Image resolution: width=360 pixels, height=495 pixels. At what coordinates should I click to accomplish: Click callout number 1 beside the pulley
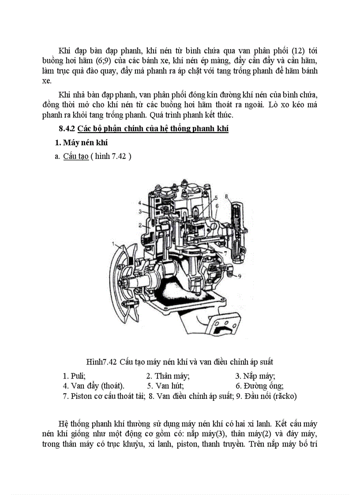coord(113,243)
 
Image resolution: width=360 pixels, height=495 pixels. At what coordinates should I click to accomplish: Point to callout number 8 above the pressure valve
coord(226,195)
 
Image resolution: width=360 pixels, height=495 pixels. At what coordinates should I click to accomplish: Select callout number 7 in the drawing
coord(225,254)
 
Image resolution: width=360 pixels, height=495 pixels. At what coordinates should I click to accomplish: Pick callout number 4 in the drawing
coord(139,203)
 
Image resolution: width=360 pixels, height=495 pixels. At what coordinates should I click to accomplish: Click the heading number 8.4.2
coord(67,129)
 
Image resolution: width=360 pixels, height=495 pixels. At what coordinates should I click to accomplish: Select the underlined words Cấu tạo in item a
coord(76,156)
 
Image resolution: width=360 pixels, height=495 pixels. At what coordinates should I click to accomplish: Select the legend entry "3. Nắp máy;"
coord(255,376)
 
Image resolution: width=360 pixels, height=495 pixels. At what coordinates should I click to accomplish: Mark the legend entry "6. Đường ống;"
coord(259,386)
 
